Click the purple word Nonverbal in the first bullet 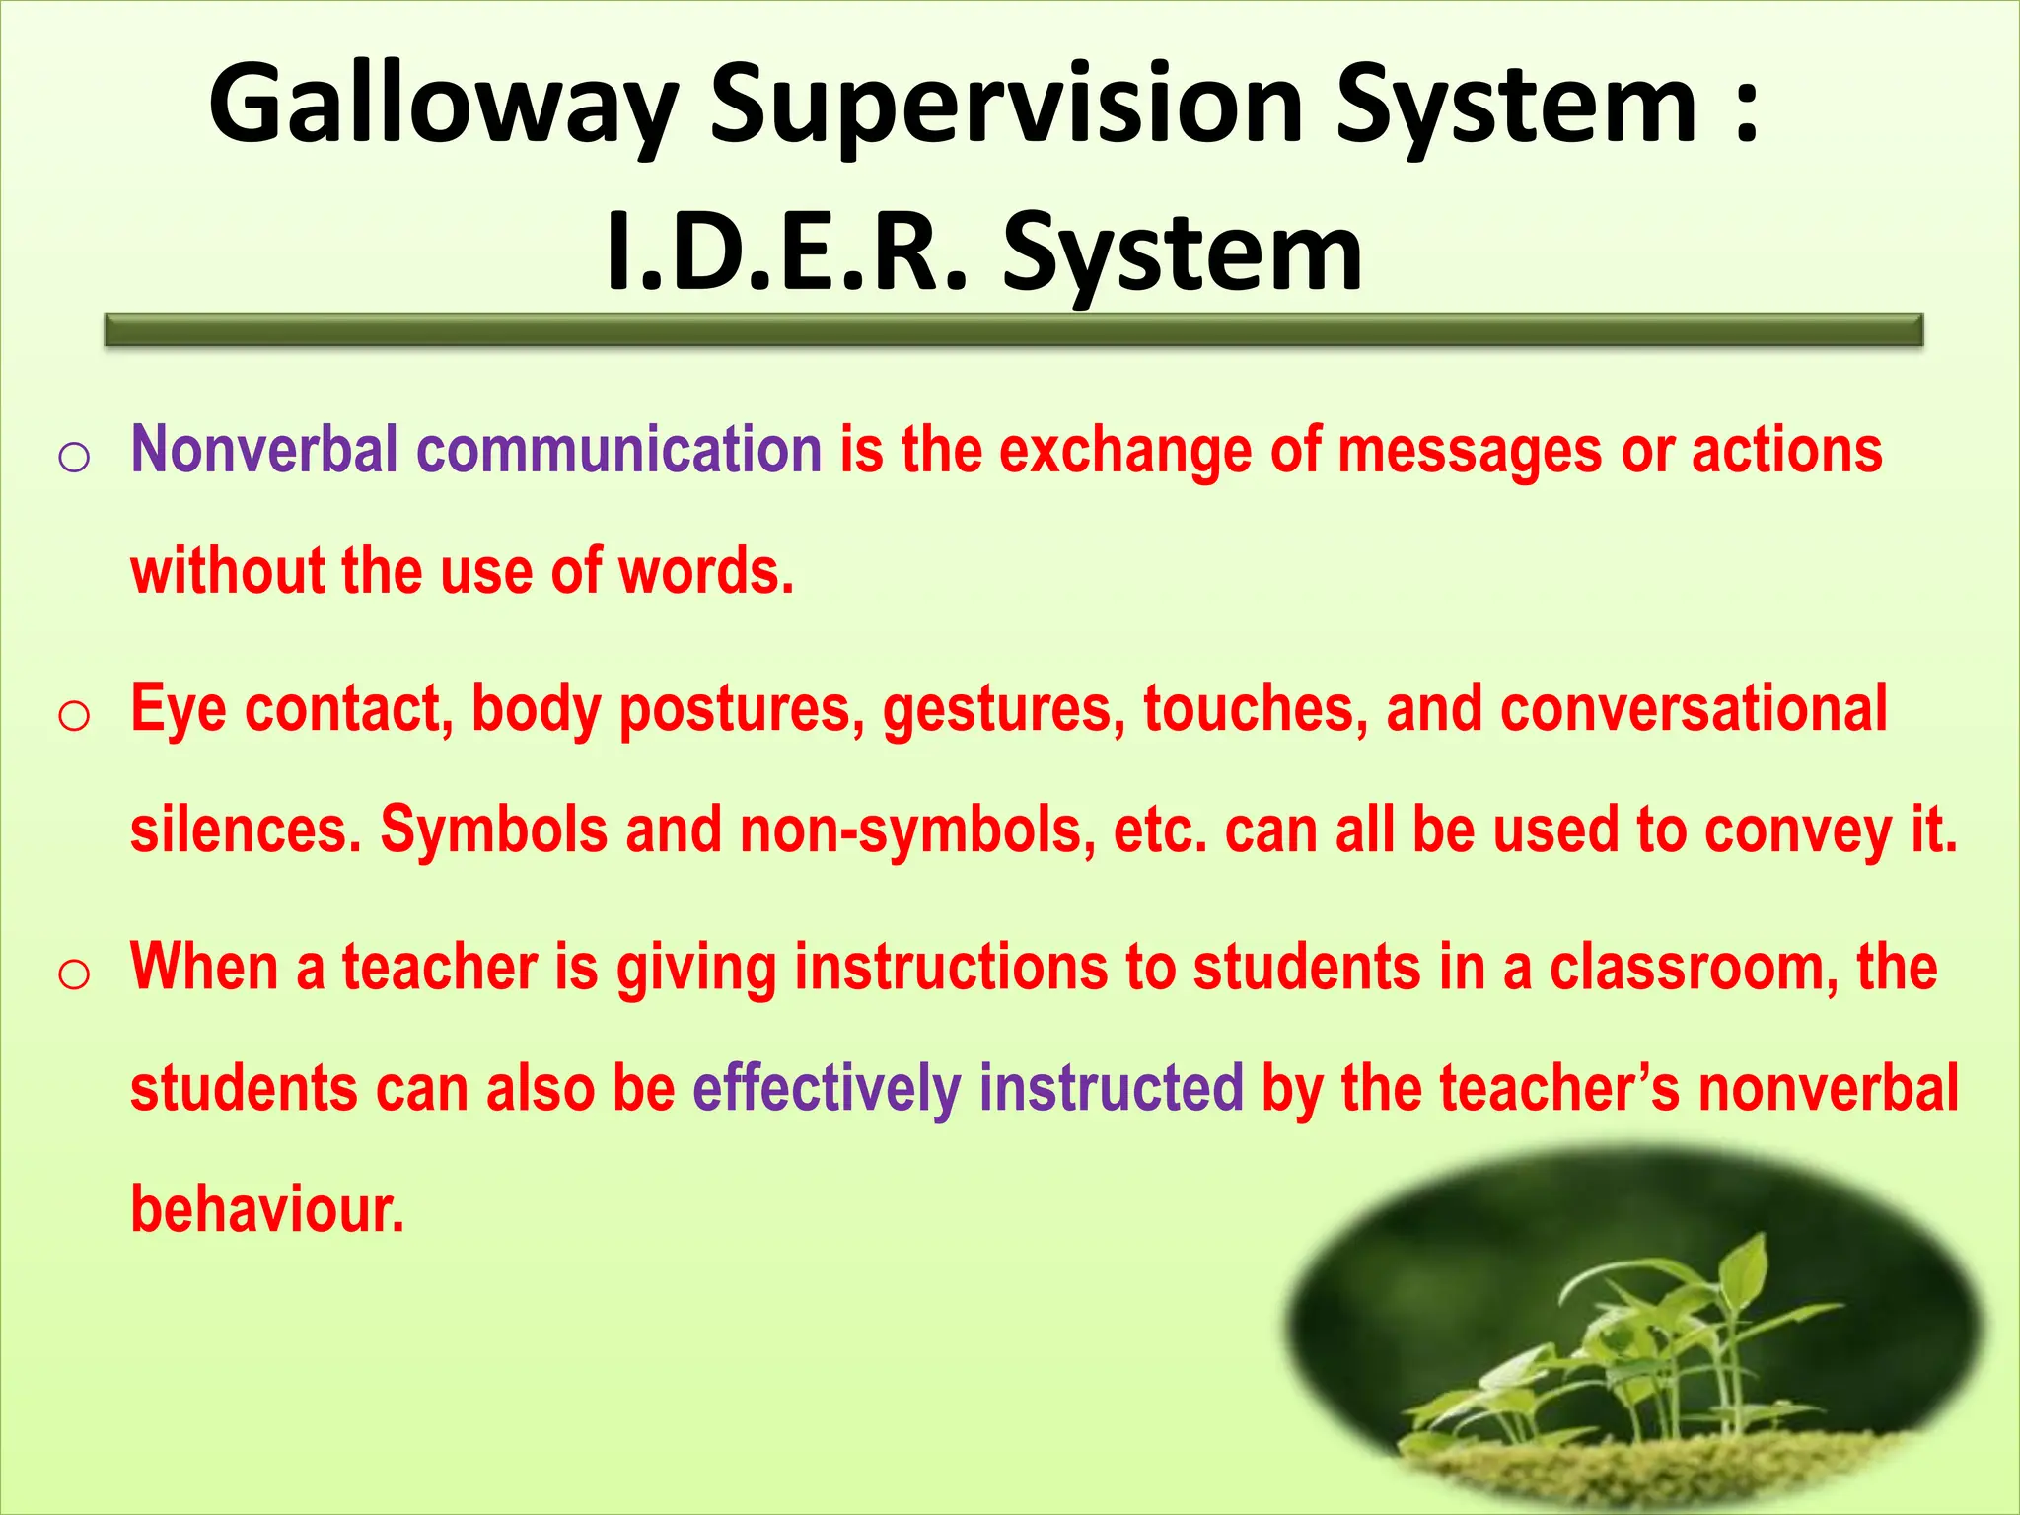(264, 450)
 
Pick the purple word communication (618, 450)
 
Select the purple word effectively (827, 1089)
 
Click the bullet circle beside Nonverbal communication (75, 458)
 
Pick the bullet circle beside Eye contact (75, 716)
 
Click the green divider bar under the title (1013, 329)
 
